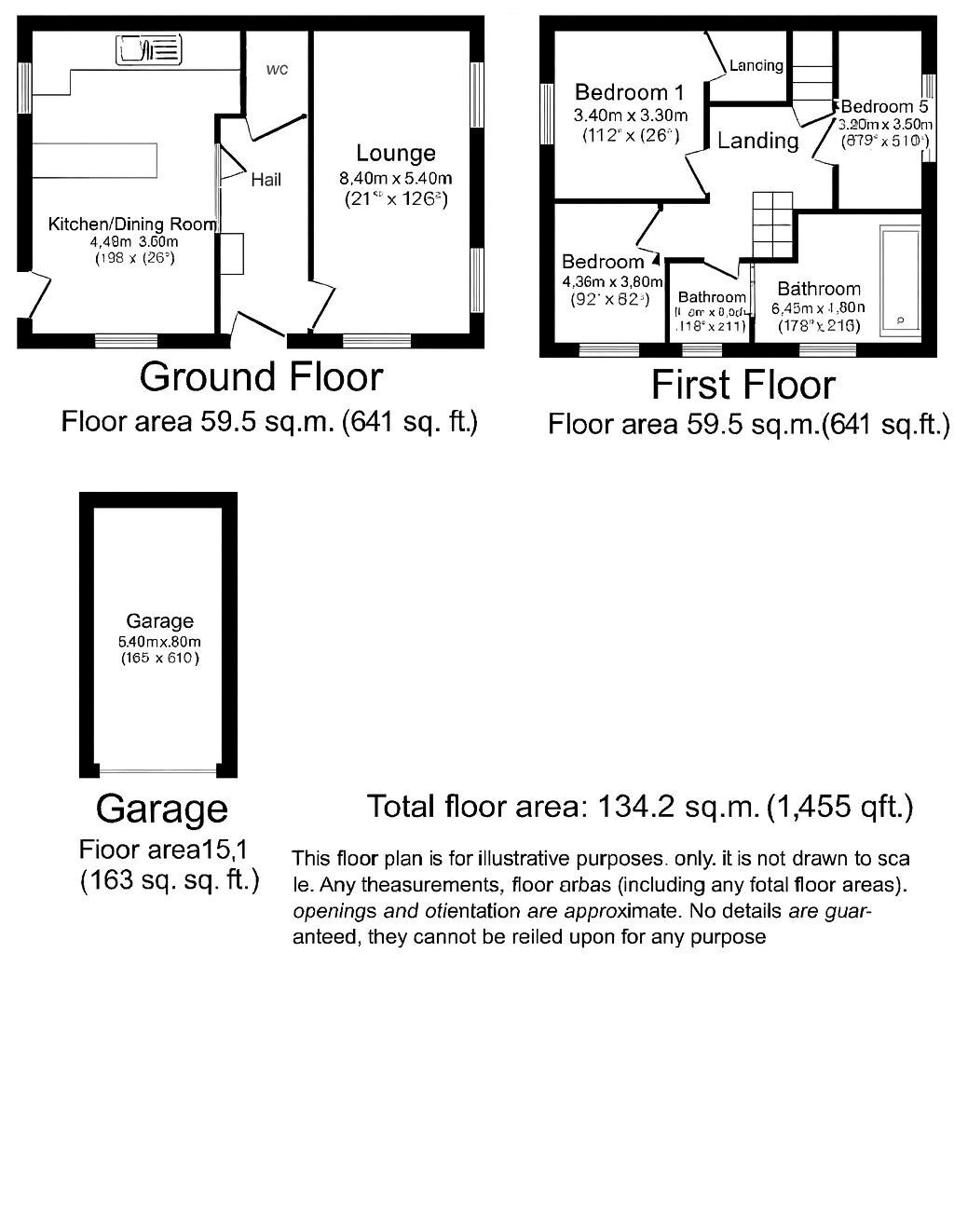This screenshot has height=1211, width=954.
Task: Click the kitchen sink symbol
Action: coord(148,49)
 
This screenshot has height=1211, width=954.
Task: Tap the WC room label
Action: coord(277,70)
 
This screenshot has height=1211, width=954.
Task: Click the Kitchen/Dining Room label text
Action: coord(131,224)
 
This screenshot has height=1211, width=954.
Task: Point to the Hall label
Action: coord(266,179)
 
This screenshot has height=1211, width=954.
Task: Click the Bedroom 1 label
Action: coord(629,92)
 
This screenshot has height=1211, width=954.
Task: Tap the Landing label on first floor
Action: coord(757,141)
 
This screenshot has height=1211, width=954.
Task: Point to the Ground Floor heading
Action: coord(261,377)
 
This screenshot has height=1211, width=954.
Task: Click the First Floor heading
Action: coord(743,385)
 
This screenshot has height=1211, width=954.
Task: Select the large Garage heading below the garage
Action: coord(161,809)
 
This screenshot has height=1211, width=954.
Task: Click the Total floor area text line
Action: coord(639,806)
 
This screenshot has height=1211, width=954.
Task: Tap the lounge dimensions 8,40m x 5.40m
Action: coord(396,179)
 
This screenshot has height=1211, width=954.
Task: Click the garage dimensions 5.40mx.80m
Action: coord(159,642)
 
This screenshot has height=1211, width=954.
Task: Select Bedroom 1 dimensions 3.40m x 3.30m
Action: coord(630,116)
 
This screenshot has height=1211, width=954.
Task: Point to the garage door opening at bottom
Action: coord(158,769)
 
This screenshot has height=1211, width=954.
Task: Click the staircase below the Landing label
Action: coord(772,225)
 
